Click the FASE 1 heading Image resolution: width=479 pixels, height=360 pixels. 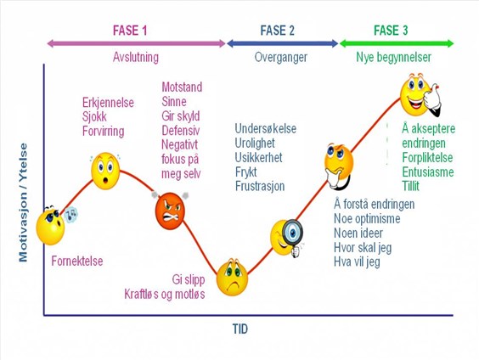tap(130, 31)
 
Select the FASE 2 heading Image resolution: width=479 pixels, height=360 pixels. tap(277, 31)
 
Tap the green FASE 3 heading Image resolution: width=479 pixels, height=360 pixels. tap(391, 31)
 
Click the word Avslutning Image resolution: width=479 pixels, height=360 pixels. tap(136, 57)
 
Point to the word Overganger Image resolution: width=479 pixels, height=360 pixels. tap(281, 58)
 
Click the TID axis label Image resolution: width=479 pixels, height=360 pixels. tap(240, 329)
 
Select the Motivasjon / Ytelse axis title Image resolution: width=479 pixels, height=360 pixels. tap(23, 202)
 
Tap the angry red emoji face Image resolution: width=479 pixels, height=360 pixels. tap(170, 211)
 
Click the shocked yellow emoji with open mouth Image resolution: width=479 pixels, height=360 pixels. tap(105, 171)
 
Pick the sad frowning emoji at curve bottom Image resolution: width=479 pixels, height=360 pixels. tap(232, 278)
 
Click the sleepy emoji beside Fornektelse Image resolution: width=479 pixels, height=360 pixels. tap(51, 226)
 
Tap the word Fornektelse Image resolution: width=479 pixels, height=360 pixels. tap(77, 262)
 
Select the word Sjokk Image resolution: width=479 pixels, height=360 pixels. tap(94, 116)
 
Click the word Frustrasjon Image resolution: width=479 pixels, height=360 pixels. tap(260, 186)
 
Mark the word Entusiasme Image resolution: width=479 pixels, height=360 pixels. tap(428, 172)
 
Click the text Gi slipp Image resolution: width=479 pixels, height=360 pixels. tap(189, 279)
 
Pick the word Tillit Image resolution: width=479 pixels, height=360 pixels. tap(410, 186)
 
